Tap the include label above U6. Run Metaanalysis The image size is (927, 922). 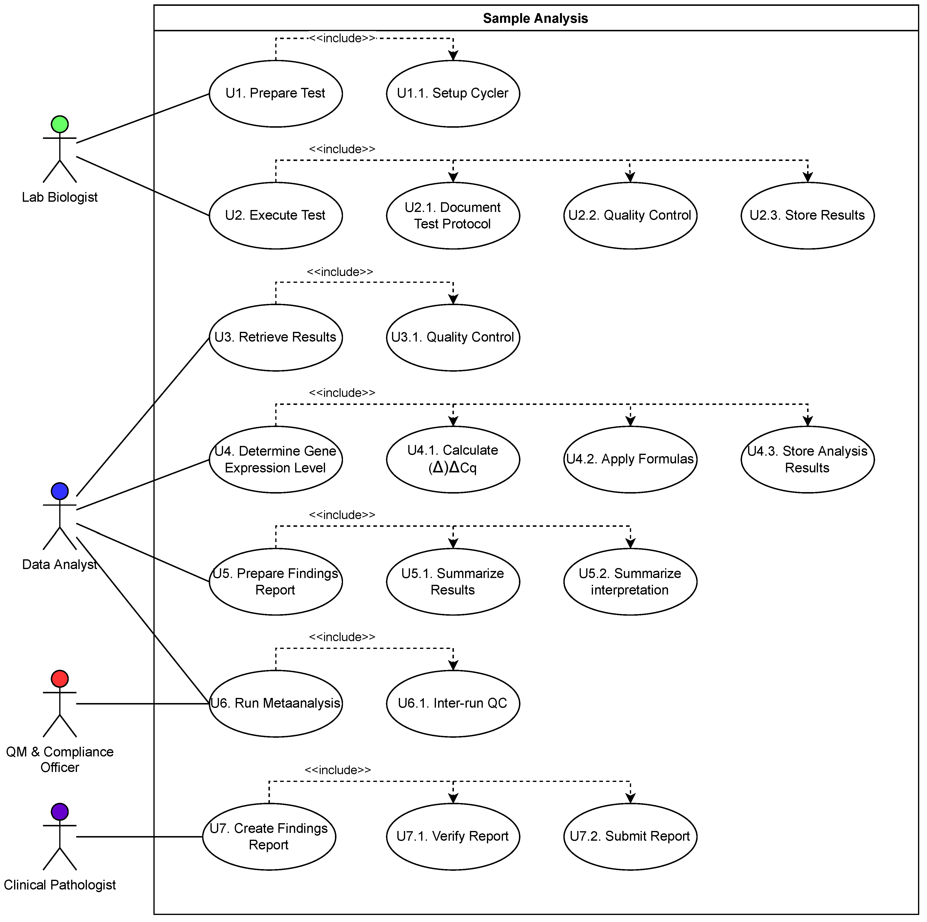click(342, 637)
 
